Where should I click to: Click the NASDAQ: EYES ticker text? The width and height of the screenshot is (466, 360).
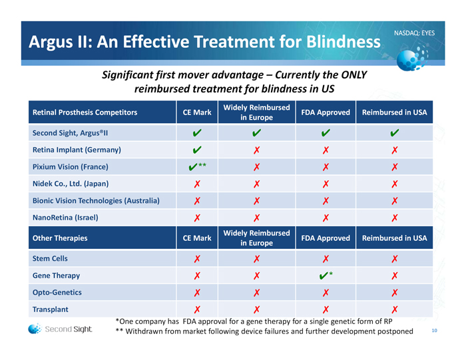coord(414,33)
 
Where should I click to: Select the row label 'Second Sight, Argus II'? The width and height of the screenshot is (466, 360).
coord(71,132)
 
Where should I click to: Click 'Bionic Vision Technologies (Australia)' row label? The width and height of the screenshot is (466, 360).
coord(96,200)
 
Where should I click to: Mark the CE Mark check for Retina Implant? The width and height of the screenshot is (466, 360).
coord(197,150)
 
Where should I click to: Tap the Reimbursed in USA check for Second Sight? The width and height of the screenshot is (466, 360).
coord(395,132)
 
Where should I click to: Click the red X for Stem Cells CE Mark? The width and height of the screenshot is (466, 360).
coord(197,259)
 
